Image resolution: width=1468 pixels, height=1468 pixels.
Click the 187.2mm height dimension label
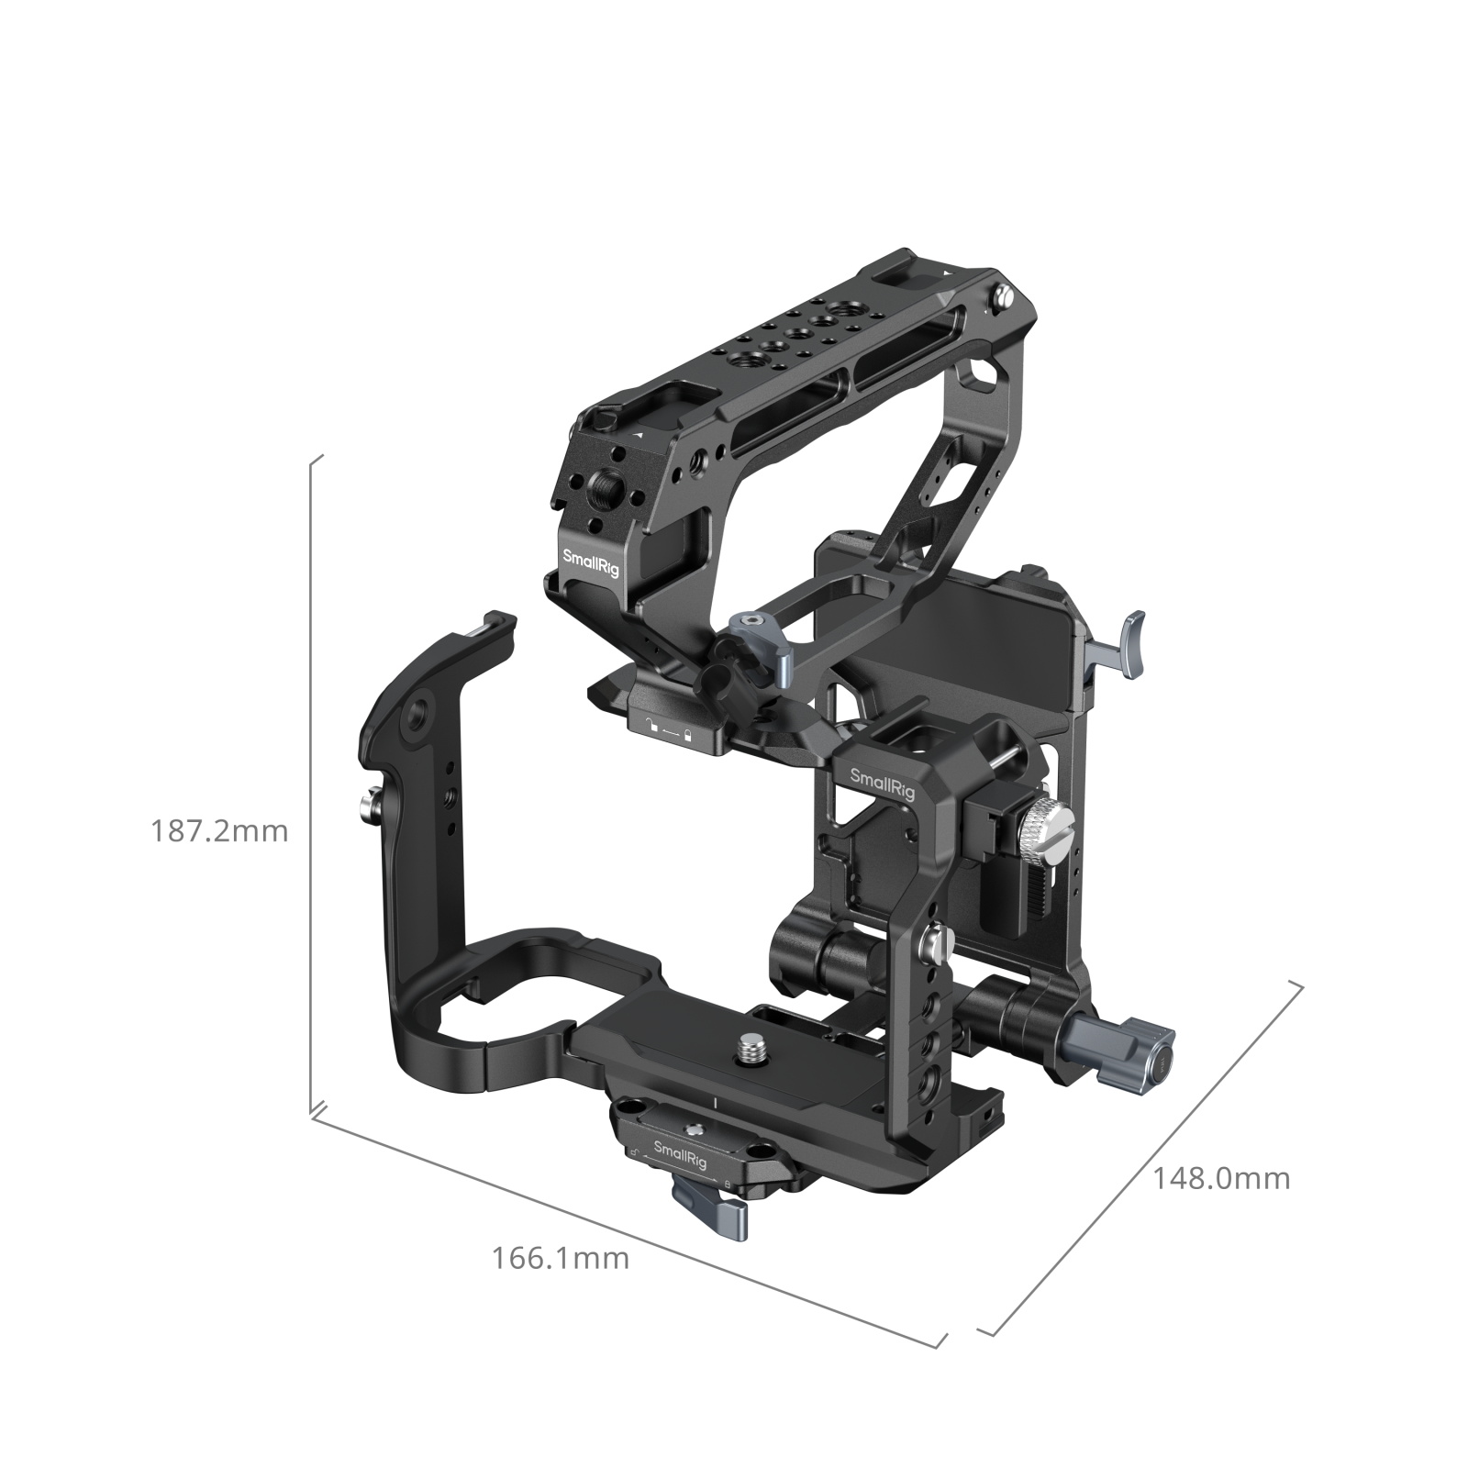coord(219,832)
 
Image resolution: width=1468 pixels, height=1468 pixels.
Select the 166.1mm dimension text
coord(561,1257)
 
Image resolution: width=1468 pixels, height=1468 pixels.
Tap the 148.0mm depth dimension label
coord(1221,1177)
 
